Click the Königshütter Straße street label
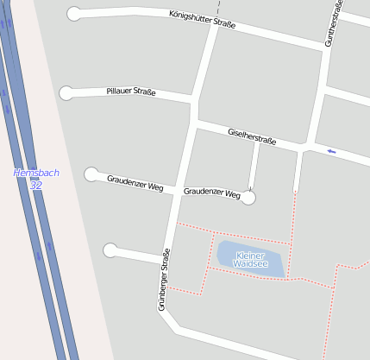[203, 19]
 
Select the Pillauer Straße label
[131, 92]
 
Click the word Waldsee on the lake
[250, 264]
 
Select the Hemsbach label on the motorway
[36, 173]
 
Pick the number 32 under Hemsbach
[35, 185]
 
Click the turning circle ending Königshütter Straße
[74, 13]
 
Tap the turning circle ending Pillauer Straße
[66, 93]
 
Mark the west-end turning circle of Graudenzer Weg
[91, 174]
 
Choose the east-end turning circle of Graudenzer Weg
[248, 198]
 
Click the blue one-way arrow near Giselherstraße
[331, 152]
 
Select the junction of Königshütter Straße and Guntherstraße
[326, 47]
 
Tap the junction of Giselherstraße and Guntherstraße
[305, 148]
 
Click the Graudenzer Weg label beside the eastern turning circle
[211, 193]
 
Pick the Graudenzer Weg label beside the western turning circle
[135, 182]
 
